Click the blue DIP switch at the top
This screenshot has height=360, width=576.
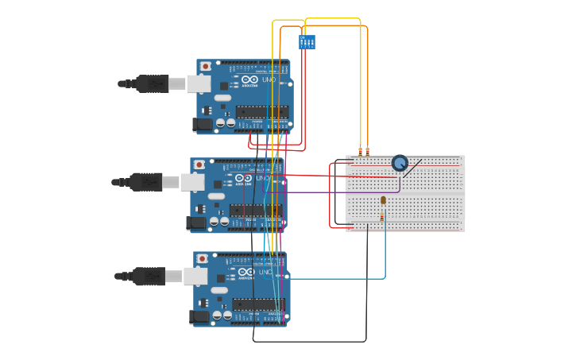307,42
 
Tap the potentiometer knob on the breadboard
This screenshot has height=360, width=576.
400,163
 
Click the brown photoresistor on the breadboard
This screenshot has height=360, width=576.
383,199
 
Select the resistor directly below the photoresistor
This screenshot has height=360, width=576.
381,216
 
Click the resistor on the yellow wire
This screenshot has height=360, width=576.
360,150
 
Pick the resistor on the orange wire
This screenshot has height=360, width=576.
367,150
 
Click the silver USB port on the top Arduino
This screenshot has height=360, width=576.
199,83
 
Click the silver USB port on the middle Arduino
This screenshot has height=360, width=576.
192,182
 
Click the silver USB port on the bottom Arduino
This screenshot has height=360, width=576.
195,276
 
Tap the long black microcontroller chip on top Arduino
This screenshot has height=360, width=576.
261,112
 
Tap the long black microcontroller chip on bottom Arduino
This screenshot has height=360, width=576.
257,304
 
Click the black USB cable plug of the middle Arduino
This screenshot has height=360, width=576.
146,182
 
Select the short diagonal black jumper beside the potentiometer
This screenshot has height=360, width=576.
412,168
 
